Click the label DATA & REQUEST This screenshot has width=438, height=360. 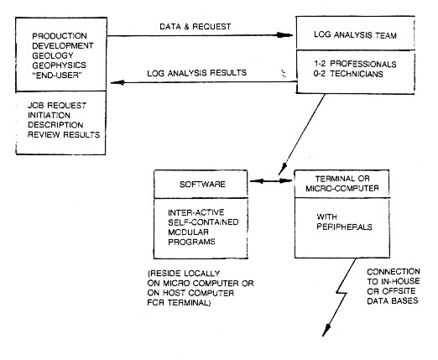[x=196, y=27]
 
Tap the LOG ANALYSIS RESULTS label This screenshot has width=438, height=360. [x=197, y=73]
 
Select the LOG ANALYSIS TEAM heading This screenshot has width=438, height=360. [x=355, y=35]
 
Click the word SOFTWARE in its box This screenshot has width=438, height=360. [x=202, y=185]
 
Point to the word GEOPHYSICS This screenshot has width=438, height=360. [x=60, y=65]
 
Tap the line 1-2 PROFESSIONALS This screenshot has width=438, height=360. [x=355, y=64]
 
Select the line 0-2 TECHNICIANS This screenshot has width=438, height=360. [x=348, y=74]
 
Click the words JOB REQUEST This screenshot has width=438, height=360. [x=57, y=106]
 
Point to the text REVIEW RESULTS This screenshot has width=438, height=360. [x=64, y=134]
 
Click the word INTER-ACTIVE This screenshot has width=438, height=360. [x=196, y=212]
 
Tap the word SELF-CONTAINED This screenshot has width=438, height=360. [x=203, y=222]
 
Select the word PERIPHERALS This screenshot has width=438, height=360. [x=344, y=227]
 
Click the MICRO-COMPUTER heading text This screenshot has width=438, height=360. [x=342, y=188]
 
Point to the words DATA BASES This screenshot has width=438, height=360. [x=393, y=301]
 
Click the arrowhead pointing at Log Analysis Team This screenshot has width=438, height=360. [x=284, y=35]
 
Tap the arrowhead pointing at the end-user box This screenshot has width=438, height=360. [x=117, y=82]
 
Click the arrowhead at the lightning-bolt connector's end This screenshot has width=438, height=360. [x=326, y=331]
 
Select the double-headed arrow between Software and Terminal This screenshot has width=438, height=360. [x=271, y=181]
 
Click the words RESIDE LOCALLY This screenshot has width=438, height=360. [x=184, y=274]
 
